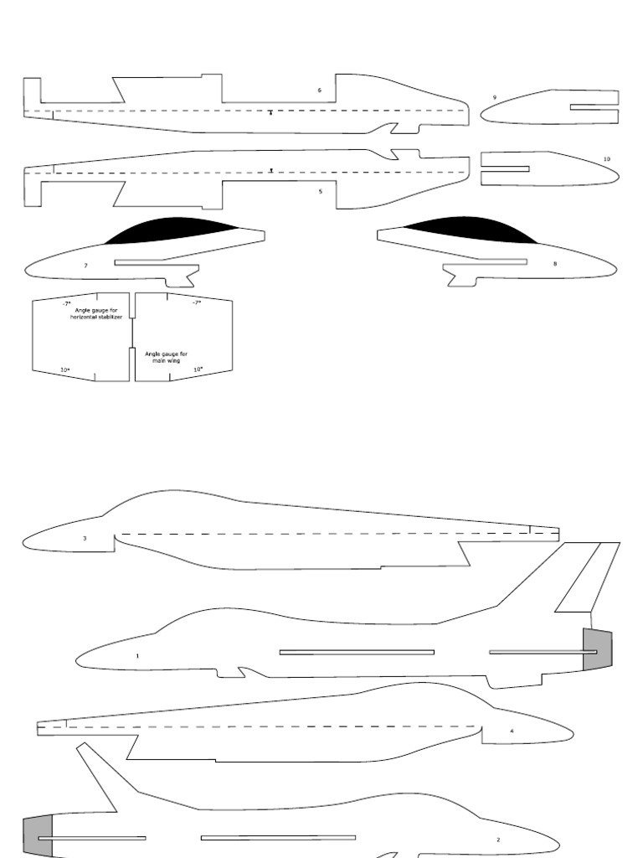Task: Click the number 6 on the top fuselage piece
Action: (x=319, y=90)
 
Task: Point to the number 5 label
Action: (x=320, y=191)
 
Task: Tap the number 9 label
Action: (x=494, y=97)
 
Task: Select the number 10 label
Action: (x=606, y=158)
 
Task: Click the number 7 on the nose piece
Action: (x=85, y=265)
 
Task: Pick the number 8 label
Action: (x=554, y=263)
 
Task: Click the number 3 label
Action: (x=85, y=539)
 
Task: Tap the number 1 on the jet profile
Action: (x=137, y=656)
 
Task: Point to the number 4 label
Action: (x=512, y=731)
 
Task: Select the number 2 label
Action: (x=498, y=839)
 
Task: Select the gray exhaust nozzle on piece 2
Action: (x=38, y=836)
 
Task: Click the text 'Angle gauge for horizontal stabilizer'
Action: (x=96, y=313)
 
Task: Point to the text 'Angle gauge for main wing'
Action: (x=166, y=357)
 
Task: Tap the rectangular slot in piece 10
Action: (x=505, y=168)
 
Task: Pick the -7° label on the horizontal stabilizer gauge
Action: (x=66, y=302)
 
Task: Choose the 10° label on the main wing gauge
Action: (x=198, y=369)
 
